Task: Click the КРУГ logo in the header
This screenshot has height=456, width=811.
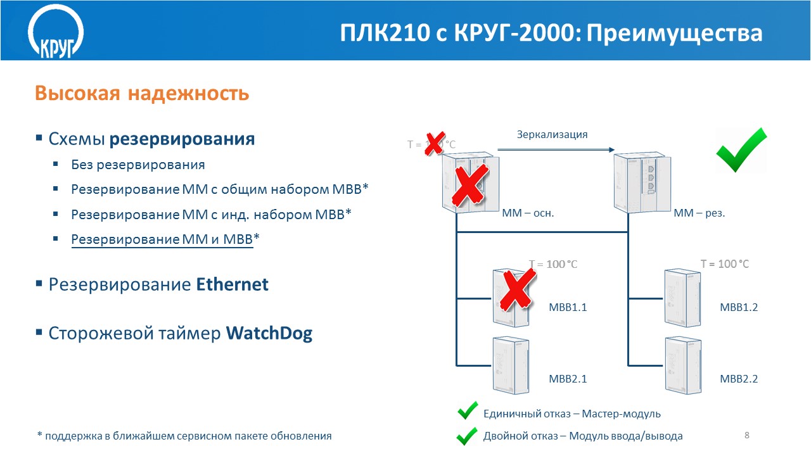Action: [x=56, y=32]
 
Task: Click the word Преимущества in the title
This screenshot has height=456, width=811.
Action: [x=674, y=34]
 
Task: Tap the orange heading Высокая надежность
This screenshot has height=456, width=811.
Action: [x=142, y=93]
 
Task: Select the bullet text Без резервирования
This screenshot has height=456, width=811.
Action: [x=138, y=165]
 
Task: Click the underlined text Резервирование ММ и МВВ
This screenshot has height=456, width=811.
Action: [x=162, y=239]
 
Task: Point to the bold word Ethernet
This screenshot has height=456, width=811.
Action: [x=232, y=284]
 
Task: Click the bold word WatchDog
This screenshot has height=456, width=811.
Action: [x=269, y=333]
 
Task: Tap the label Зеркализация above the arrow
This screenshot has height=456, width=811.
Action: [x=552, y=135]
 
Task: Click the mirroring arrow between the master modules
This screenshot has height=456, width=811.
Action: [x=556, y=149]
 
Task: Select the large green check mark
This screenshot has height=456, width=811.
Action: [x=741, y=151]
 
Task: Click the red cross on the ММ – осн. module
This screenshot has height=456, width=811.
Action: [x=469, y=186]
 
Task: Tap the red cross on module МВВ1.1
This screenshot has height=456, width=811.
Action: [x=518, y=289]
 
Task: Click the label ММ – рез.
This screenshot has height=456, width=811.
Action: [x=699, y=213]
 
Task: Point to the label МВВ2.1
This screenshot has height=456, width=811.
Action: [x=568, y=379]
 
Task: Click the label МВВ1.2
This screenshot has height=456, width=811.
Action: [x=739, y=307]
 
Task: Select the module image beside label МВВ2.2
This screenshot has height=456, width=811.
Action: [x=683, y=365]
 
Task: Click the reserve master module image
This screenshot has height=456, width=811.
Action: [x=642, y=182]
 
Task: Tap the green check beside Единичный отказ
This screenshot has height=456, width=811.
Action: [x=468, y=410]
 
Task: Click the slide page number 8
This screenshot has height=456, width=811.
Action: [x=746, y=435]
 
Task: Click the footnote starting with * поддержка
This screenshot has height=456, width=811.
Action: [x=184, y=436]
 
